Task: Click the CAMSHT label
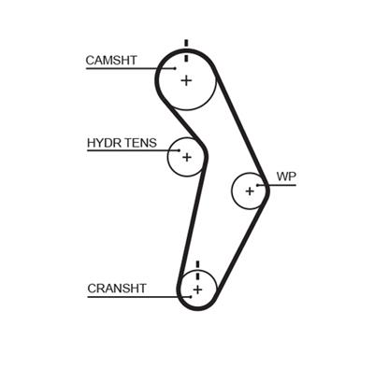pos(111,61)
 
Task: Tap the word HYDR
pos(101,145)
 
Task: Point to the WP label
pos(285,176)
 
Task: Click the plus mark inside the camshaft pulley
pos(185,80)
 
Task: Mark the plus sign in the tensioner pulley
pos(186,157)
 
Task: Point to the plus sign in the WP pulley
pos(250,191)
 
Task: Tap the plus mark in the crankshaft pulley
pos(197,289)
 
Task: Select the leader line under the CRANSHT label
pos(131,297)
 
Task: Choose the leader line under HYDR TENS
pos(131,153)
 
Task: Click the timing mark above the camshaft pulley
pos(186,45)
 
